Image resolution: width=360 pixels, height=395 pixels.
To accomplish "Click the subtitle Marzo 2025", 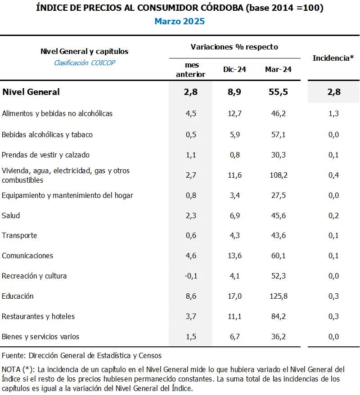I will pos(180,21).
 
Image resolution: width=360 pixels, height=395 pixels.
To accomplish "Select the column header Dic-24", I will pos(234,69).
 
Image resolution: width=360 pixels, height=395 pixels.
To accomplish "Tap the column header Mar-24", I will pos(278,69).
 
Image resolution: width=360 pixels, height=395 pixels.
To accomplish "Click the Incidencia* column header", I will pos(333,58).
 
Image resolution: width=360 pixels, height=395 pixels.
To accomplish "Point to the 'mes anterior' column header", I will pos(191,70).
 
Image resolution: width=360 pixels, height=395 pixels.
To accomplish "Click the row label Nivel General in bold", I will pos(31,92).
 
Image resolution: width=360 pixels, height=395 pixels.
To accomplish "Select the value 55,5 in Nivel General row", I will pos(278,92).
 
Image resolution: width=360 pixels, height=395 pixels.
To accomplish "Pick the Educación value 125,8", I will pos(278,296).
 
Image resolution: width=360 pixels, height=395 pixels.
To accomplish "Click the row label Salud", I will pos(11,215).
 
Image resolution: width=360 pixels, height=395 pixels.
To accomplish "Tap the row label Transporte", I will pos(19,235).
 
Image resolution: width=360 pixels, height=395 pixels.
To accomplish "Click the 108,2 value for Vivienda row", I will pos(278,175).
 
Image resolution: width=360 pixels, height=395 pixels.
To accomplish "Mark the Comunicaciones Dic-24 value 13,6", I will pos(234,256).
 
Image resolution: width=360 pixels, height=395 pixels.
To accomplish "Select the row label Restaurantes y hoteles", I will pos(38,316).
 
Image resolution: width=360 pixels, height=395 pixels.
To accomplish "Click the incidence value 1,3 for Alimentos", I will pos(333,113).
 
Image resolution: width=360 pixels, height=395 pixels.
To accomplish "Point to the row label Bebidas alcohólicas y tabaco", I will pos(47,135).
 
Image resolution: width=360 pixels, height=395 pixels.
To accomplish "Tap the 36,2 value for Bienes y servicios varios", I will pos(278,337).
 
